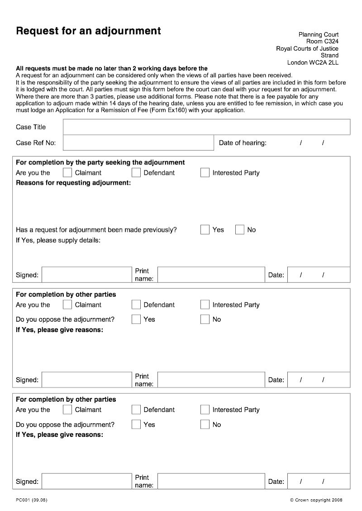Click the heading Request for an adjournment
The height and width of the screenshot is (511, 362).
pos(88,31)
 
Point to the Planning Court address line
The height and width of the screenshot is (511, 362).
pos(318,34)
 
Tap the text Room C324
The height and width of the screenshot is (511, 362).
pos(322,42)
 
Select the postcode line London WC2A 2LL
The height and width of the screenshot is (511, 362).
pos(313,63)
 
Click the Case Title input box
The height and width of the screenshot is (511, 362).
pos(206,127)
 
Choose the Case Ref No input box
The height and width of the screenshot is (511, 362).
pos(138,143)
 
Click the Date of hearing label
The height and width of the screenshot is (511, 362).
pos(243,143)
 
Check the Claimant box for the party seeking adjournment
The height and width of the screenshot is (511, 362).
pos(67,173)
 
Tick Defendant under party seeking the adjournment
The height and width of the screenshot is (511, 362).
pos(136,173)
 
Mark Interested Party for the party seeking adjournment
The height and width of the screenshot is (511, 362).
pos(205,173)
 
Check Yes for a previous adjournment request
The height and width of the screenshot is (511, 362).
pos(205,230)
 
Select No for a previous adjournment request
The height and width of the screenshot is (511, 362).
pos(240,230)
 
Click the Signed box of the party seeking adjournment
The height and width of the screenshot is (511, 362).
pos(86,275)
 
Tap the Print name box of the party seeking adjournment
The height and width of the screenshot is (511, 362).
pos(211,275)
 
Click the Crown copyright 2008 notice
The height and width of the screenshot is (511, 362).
pos(316,500)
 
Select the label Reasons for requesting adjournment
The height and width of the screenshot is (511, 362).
pos(73,183)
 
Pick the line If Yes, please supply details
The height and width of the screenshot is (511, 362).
pos(58,240)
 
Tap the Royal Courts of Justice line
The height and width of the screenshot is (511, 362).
pos(307,49)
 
